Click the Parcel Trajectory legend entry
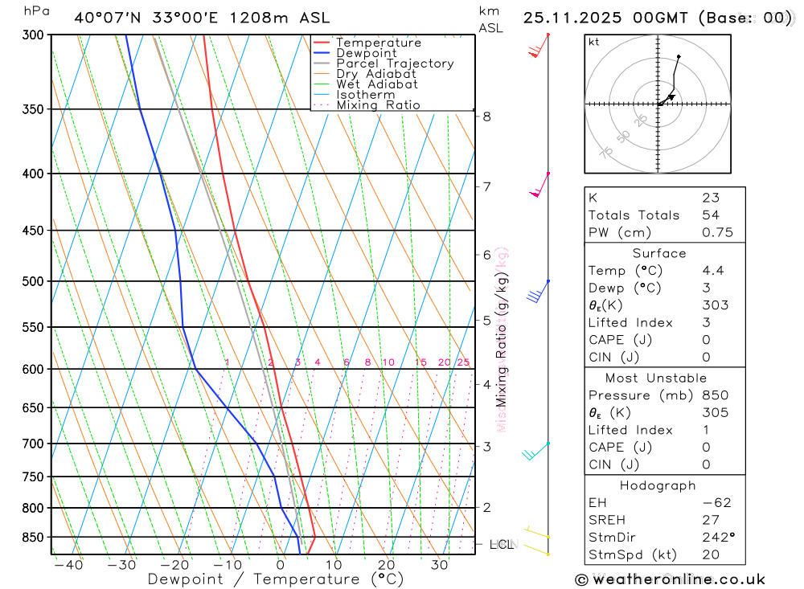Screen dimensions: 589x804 [395, 63]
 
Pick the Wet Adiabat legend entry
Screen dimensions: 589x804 [377, 84]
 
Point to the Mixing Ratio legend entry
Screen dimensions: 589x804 [378, 105]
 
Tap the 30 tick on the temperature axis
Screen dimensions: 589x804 [439, 565]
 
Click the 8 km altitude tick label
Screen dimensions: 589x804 [486, 117]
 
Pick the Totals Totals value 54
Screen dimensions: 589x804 [711, 215]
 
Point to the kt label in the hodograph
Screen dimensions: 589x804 [594, 43]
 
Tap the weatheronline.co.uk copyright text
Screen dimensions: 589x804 [670, 579]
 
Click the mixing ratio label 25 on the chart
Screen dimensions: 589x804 [463, 362]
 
